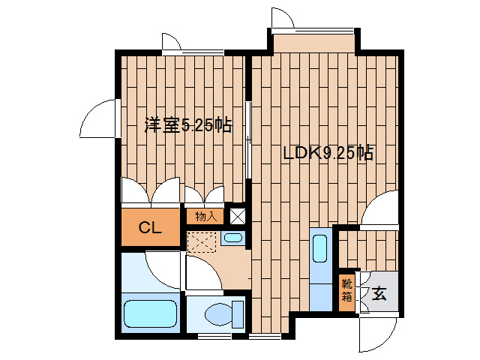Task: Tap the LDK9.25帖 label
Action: (328, 153)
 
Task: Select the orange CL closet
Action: (151, 229)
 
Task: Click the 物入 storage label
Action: (205, 217)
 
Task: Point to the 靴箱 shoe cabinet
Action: (347, 290)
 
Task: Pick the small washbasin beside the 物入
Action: (232, 238)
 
